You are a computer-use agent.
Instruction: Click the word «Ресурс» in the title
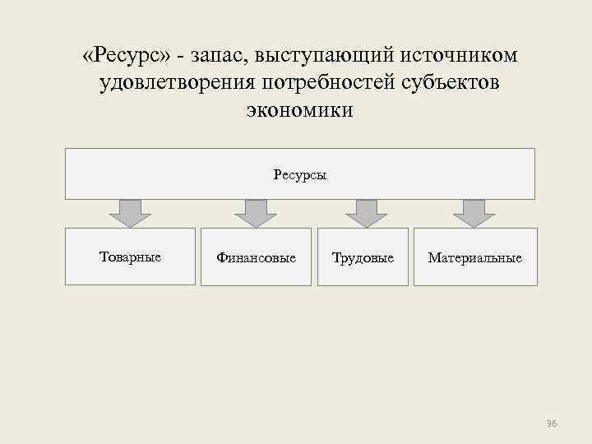coord(127,56)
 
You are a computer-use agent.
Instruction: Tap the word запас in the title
coord(219,56)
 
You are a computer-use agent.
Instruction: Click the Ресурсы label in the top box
coord(299,174)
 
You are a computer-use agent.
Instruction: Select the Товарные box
coord(130,257)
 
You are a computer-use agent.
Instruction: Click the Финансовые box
coord(256,257)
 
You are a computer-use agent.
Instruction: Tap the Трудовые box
coord(363,257)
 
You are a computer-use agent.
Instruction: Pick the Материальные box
coord(474,257)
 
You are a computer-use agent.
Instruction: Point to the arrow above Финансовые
coord(256,213)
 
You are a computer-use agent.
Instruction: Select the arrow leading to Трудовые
coord(366,213)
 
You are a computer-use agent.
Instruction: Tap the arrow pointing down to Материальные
coord(474,213)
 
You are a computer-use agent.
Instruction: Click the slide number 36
coord(552,423)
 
